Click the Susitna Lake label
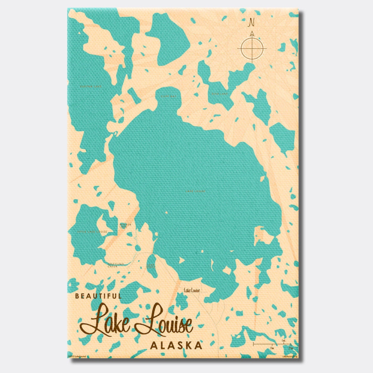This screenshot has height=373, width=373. pyautogui.click(x=91, y=87)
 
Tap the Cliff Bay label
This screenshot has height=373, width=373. pyautogui.click(x=169, y=96)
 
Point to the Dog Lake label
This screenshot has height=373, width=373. pyautogui.click(x=220, y=94)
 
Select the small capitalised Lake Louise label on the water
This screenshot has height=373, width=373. pyautogui.click(x=195, y=191)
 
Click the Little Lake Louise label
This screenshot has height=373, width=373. pyautogui.click(x=92, y=232)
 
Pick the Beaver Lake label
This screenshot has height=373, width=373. pyautogui.click(x=125, y=226)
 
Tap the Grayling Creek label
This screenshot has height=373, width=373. pyautogui.click(x=115, y=265)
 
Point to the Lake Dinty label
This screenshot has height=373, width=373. pyautogui.click(x=151, y=266)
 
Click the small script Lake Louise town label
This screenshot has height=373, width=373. pyautogui.click(x=192, y=290)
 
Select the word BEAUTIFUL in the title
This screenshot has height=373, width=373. pyautogui.click(x=98, y=296)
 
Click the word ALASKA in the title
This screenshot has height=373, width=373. pyautogui.click(x=176, y=345)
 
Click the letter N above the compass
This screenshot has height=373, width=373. pyautogui.click(x=252, y=22)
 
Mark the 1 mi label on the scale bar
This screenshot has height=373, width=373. pyautogui.click(x=283, y=340)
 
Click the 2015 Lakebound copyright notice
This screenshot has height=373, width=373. pyautogui.click(x=77, y=356)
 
